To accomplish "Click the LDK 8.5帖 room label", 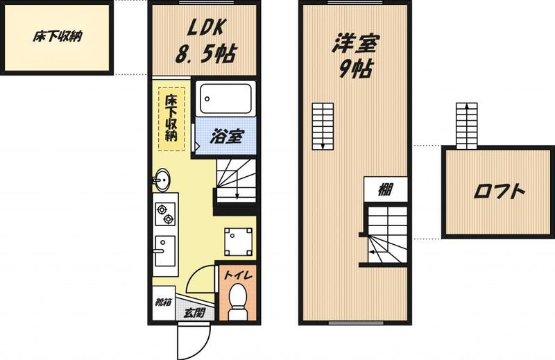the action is [205, 41].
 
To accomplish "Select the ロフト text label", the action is [499, 191].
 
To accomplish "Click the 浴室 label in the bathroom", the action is [227, 137].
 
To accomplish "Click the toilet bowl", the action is [238, 300].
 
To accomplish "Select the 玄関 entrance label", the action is [195, 313].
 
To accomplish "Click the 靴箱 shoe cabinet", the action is [164, 303].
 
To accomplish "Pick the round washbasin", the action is [162, 180].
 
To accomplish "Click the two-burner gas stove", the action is [165, 214].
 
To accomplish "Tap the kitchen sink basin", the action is [165, 251].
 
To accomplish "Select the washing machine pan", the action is [238, 242].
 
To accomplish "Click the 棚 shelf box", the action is [386, 189].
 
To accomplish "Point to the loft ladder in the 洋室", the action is [323, 126].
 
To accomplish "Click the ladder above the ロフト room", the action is [466, 126].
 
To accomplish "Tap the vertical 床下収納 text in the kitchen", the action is [171, 118].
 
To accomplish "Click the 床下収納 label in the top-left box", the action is [58, 37].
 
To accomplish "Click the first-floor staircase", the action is [236, 180].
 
